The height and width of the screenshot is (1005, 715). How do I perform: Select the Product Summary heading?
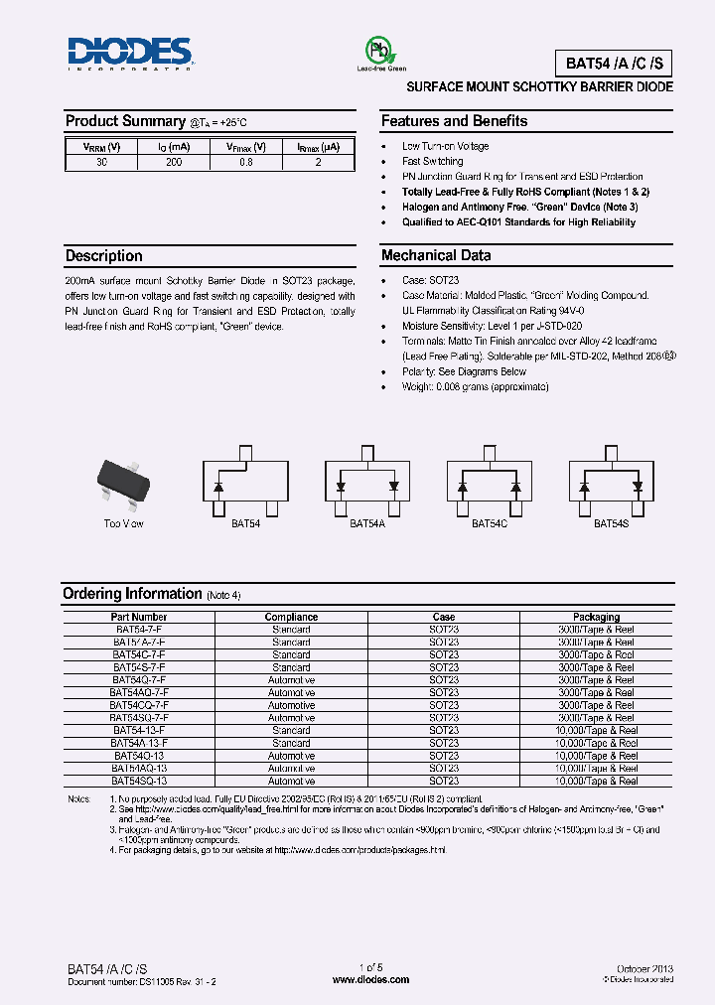[x=125, y=121]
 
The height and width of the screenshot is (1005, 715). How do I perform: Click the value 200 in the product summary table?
[x=174, y=162]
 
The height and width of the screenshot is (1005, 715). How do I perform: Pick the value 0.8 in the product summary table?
[x=246, y=162]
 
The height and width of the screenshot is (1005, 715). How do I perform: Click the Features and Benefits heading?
[x=454, y=121]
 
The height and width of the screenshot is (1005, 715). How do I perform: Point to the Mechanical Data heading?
[x=436, y=255]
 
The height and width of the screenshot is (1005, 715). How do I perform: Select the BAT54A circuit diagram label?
[x=367, y=523]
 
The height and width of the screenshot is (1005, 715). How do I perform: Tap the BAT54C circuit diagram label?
[x=489, y=523]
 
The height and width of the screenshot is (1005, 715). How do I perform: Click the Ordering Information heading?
[x=132, y=594]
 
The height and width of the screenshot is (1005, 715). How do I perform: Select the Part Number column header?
[x=140, y=617]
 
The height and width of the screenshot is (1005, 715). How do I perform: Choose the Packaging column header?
[x=596, y=617]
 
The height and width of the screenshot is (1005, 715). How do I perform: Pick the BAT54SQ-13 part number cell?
[x=140, y=781]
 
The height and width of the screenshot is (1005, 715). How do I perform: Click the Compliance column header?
[x=291, y=617]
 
